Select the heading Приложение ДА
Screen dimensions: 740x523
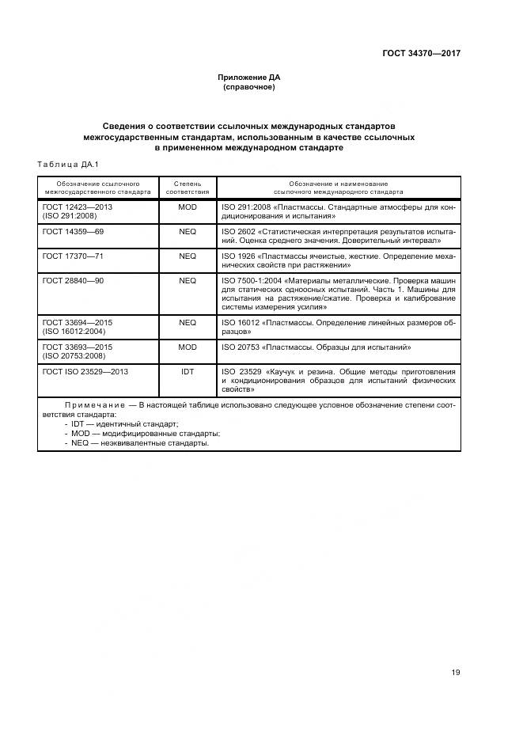(x=249, y=78)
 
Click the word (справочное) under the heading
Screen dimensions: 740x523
(x=249, y=87)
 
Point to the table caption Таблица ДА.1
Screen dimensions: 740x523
(x=66, y=164)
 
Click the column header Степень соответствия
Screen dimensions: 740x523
(x=188, y=187)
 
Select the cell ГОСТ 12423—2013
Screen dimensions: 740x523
(x=78, y=207)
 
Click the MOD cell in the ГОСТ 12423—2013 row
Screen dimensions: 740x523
(x=188, y=207)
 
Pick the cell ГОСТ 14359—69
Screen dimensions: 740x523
(x=73, y=231)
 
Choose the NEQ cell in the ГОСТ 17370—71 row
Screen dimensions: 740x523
(x=188, y=256)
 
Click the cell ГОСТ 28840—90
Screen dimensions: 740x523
(x=73, y=280)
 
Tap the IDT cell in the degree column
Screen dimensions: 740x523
(x=188, y=371)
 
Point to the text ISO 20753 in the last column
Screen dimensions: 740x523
(x=239, y=347)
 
